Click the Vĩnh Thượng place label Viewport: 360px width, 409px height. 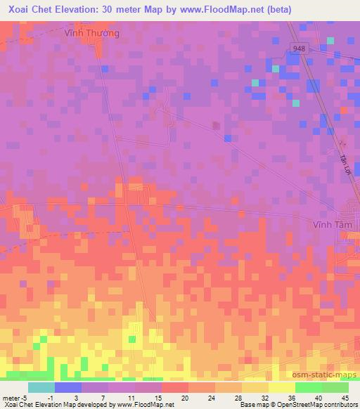91,33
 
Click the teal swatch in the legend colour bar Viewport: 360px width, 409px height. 41,387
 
